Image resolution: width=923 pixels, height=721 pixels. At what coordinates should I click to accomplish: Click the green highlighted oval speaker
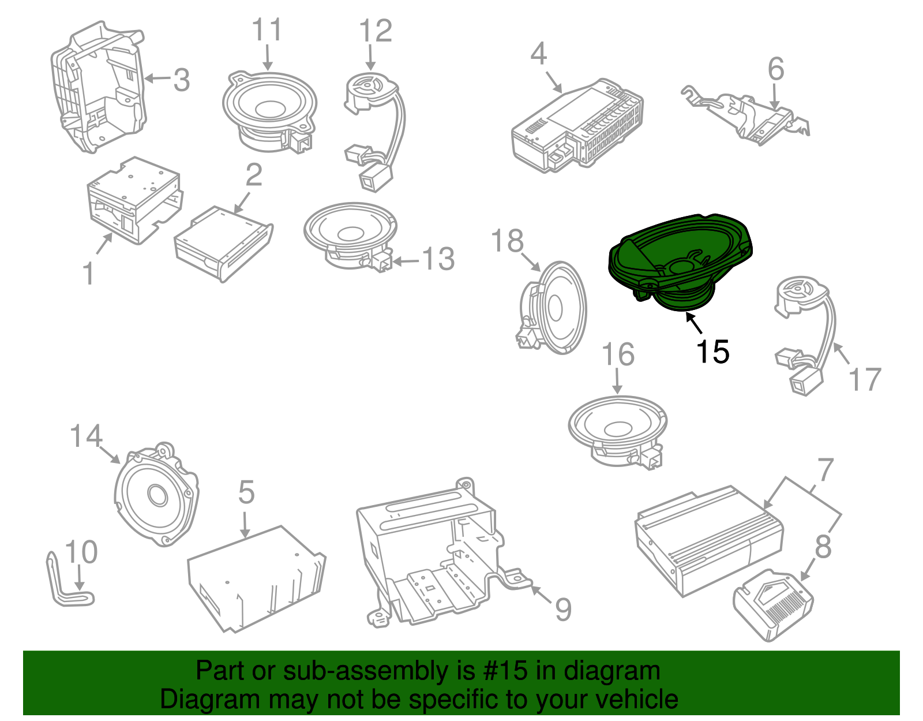coord(680,261)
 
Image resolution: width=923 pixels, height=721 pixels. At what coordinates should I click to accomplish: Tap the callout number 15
coord(712,352)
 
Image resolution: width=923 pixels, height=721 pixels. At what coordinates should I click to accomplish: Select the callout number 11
coord(267,30)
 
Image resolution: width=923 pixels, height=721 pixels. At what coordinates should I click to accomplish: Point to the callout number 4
coord(539,54)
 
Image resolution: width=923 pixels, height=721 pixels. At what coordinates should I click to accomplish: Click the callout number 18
coord(507,241)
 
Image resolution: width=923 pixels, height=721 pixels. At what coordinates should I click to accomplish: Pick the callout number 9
coord(563,609)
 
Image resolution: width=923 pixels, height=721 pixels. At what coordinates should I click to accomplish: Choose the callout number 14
coord(86,436)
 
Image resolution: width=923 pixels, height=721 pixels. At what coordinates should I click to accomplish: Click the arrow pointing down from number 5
coord(245,524)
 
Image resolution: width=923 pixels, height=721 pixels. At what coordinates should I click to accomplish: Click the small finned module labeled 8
coord(773,605)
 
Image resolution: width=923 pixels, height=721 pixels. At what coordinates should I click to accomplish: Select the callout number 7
coord(826,469)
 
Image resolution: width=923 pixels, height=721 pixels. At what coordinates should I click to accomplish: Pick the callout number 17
coord(865,379)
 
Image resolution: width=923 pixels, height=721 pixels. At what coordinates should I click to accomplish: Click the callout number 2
coord(254,174)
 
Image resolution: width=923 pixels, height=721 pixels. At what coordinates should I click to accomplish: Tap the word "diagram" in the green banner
coord(611,670)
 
